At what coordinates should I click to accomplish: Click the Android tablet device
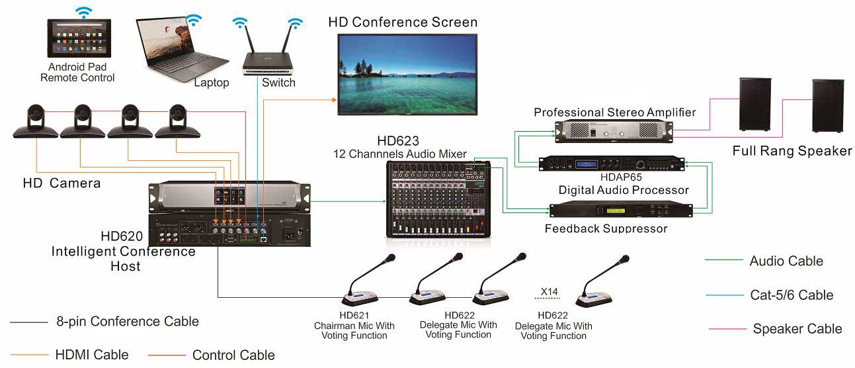79,38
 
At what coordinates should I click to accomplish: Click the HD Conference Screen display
407,74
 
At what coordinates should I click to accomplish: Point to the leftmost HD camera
36,122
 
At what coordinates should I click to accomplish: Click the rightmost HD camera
177,122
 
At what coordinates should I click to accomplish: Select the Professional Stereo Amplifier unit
614,131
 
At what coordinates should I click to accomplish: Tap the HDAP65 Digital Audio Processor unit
612,164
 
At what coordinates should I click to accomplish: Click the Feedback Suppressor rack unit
621,210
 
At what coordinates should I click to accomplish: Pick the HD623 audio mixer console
438,199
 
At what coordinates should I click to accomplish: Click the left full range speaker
755,105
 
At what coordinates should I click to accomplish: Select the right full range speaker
828,106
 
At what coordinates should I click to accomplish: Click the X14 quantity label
549,292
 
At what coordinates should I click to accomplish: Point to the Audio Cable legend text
786,261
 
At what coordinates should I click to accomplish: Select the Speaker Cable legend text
797,329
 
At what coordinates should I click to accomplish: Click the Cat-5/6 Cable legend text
792,295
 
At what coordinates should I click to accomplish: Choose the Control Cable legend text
233,355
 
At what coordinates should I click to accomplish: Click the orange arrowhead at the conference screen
334,100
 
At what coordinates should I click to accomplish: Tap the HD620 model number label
122,236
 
